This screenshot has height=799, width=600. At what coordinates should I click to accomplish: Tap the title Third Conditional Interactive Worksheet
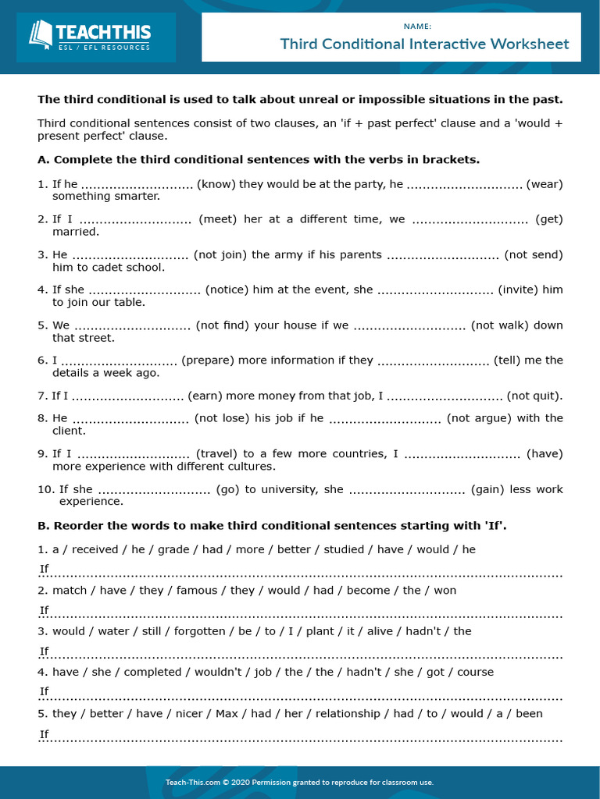click(x=424, y=44)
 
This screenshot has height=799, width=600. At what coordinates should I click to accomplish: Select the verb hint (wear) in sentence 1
click(x=545, y=184)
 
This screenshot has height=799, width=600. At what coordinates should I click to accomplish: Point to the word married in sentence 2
click(x=76, y=232)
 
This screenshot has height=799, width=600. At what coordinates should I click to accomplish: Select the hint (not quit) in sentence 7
click(x=534, y=396)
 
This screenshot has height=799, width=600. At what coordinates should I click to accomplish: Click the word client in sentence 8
click(x=69, y=431)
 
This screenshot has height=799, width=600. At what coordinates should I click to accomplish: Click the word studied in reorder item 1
click(x=344, y=549)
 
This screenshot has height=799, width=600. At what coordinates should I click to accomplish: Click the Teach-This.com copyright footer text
click(x=299, y=782)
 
